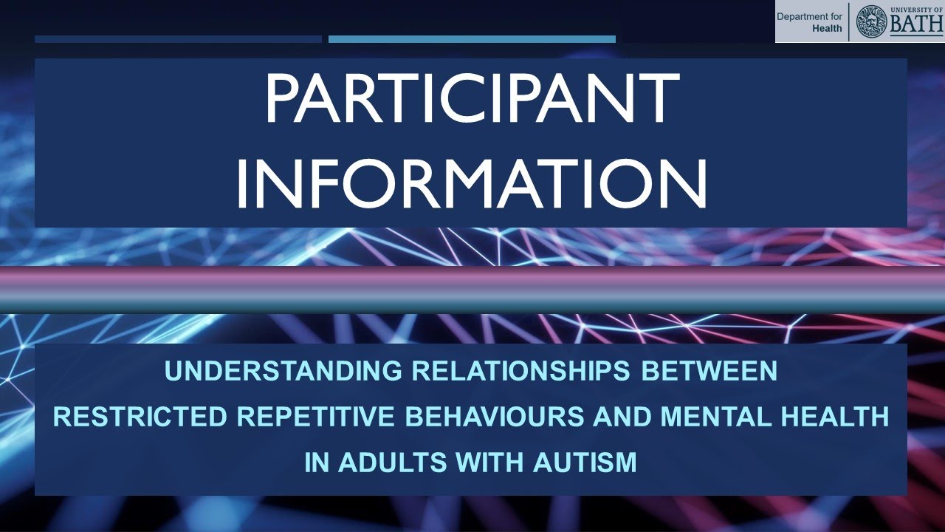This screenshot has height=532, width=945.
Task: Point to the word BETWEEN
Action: pyautogui.click(x=709, y=371)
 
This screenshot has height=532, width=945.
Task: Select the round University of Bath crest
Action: pyautogui.click(x=871, y=21)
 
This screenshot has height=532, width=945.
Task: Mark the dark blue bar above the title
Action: pyautogui.click(x=178, y=39)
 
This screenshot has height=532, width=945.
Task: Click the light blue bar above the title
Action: pyautogui.click(x=472, y=39)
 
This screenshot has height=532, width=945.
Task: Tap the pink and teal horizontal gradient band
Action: pyautogui.click(x=472, y=289)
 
